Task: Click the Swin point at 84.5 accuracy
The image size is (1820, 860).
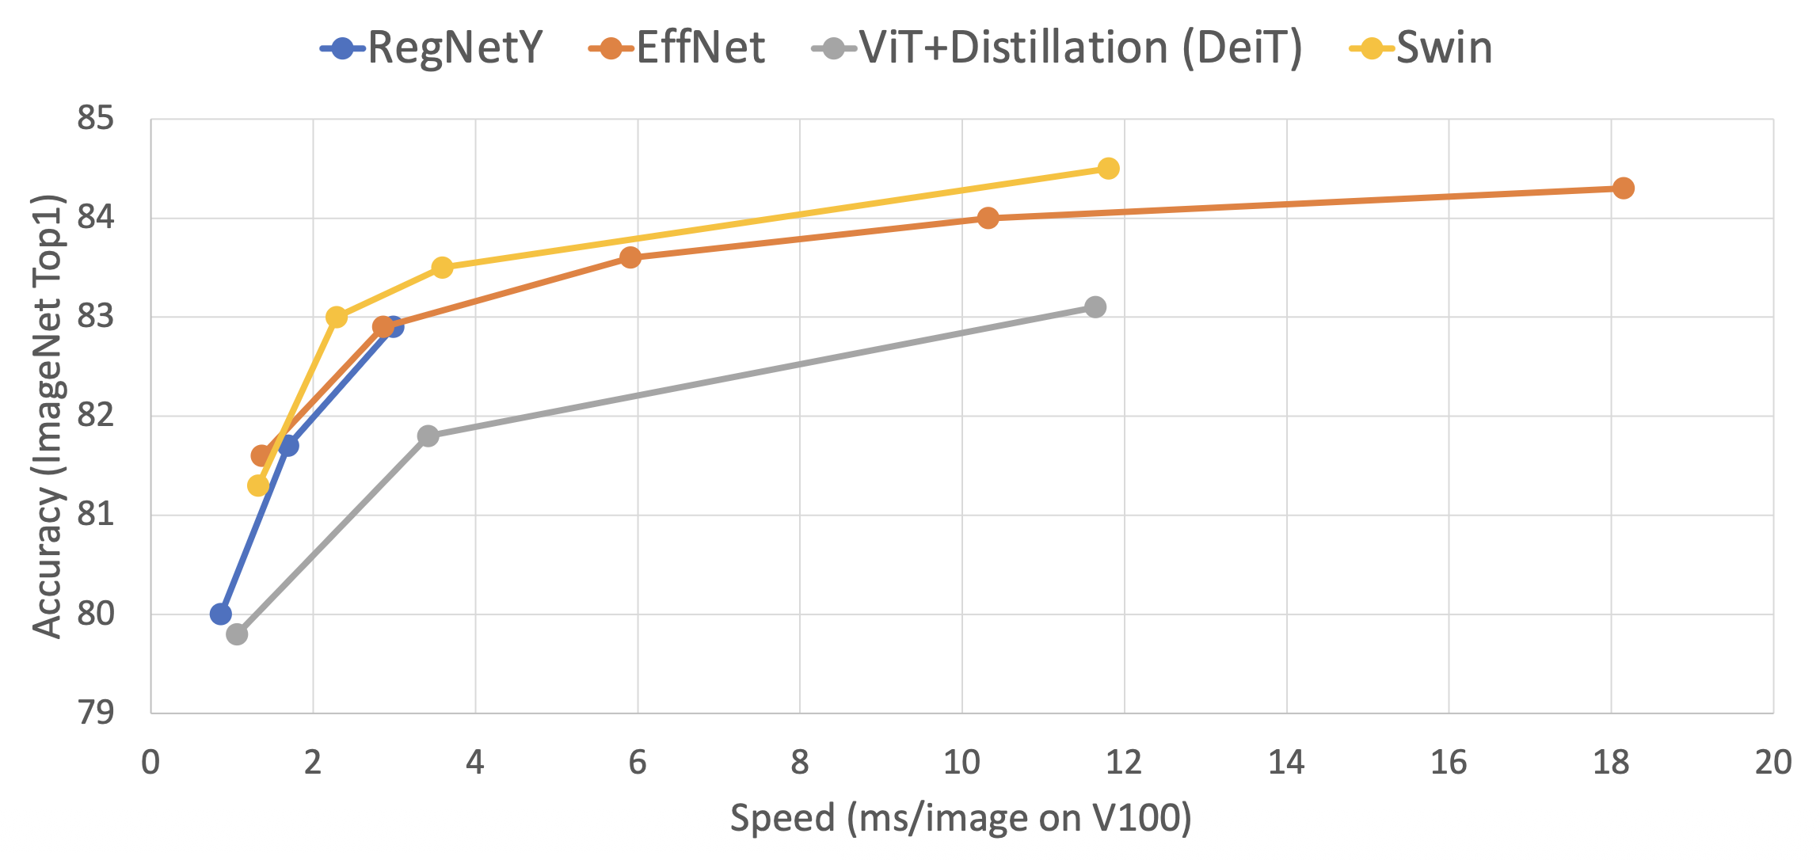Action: [x=1109, y=168]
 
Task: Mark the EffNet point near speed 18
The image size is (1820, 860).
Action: [x=1623, y=188]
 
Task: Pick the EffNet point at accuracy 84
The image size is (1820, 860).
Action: [x=988, y=218]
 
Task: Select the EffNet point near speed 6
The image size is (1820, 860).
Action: [x=630, y=257]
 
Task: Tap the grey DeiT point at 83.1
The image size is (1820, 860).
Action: [x=1095, y=306]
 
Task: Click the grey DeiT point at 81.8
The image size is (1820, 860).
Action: [x=428, y=436]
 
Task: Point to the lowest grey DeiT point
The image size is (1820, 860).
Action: [x=237, y=634]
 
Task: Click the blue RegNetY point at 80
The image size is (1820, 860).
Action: [x=221, y=614]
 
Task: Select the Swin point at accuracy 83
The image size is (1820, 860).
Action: [x=337, y=317]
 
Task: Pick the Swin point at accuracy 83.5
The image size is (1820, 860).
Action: [x=443, y=268]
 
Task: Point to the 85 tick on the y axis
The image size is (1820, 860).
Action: [x=95, y=119]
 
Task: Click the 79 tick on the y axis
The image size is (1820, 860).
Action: [x=95, y=713]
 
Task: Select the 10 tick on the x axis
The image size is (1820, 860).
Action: [x=961, y=763]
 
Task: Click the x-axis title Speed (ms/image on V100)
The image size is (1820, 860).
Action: [x=961, y=818]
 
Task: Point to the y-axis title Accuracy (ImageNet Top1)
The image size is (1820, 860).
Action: [x=48, y=416]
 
